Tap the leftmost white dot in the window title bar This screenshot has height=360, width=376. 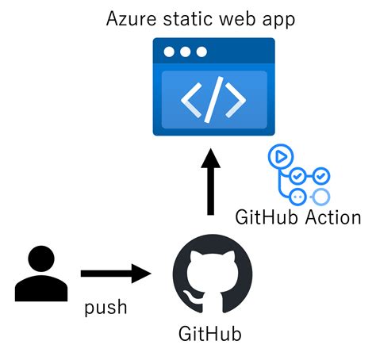tap(169, 52)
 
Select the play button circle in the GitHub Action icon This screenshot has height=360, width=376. tap(278, 156)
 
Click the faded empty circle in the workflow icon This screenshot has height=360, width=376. tap(321, 196)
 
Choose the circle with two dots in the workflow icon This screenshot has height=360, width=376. tap(299, 196)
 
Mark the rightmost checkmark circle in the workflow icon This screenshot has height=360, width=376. tap(321, 175)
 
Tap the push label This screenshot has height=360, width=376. tap(106, 306)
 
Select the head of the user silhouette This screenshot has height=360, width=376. tap(39, 259)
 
